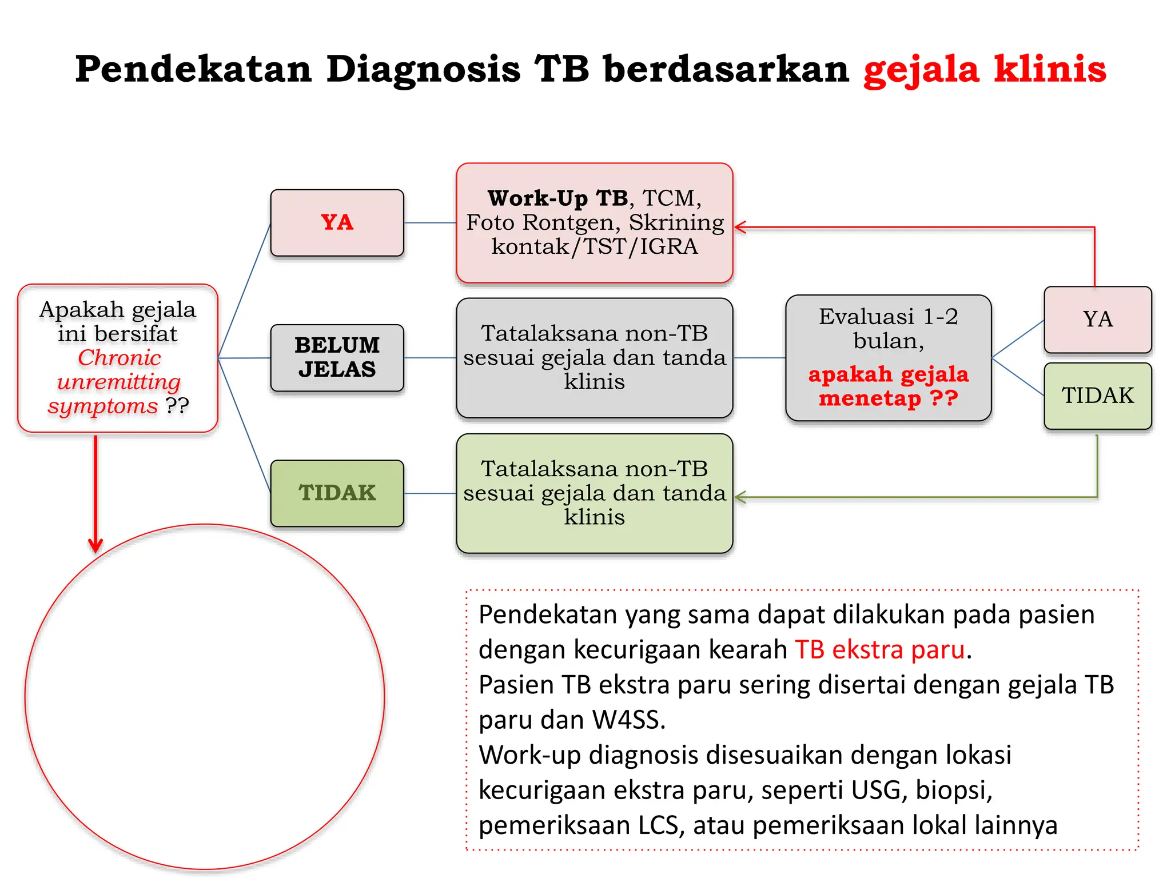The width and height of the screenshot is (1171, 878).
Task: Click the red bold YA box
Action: tap(337, 222)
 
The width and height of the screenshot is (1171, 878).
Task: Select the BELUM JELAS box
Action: tap(337, 358)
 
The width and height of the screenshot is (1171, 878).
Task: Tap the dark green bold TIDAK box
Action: tap(337, 493)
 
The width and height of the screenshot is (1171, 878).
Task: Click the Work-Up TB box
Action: tap(594, 222)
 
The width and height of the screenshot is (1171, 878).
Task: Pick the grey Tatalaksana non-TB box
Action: tap(594, 358)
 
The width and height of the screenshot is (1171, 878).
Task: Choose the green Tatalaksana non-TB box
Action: tap(594, 493)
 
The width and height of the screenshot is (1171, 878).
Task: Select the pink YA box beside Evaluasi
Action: tap(1097, 320)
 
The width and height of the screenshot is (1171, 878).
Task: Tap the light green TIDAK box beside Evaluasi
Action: tap(1097, 396)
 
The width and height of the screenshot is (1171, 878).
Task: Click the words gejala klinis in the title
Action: tap(985, 70)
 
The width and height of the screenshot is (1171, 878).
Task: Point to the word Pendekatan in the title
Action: tap(193, 70)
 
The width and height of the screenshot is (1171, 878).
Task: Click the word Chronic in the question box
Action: tap(119, 358)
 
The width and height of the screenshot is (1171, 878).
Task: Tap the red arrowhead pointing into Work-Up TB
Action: tap(739, 228)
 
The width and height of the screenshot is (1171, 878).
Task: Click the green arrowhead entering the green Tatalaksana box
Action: tap(739, 497)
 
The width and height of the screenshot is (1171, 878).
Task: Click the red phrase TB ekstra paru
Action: tap(880, 650)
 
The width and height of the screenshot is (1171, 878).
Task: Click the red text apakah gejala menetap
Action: tap(888, 386)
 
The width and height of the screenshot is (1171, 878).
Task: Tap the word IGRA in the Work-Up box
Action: tap(668, 247)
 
